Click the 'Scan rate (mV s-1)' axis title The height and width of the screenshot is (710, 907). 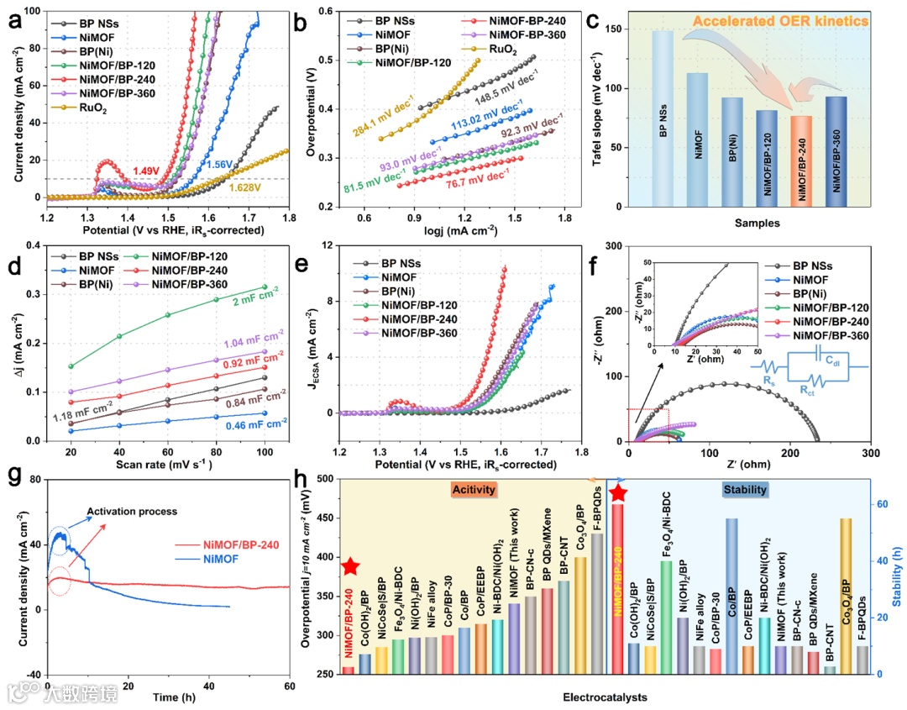tap(167, 463)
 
